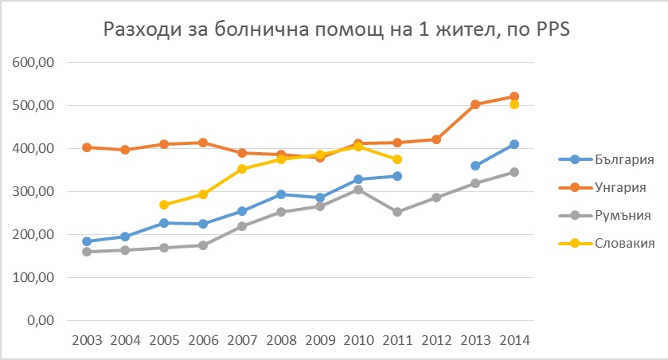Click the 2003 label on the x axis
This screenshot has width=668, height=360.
[x=86, y=340]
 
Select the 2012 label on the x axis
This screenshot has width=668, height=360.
[x=436, y=340]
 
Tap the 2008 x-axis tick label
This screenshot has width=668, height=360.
[x=280, y=340]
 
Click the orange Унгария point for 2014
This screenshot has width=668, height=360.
[x=514, y=96]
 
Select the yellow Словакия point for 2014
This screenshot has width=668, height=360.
[x=514, y=104]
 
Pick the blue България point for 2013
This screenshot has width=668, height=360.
[x=475, y=166]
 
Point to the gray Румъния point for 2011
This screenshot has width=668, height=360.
[x=397, y=212]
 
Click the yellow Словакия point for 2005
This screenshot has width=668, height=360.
[x=164, y=205]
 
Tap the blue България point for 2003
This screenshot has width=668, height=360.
[x=86, y=241]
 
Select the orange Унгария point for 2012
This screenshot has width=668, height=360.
[x=436, y=139]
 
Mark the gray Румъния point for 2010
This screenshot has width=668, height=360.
[x=358, y=190]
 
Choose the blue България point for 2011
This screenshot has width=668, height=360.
[x=397, y=176]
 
